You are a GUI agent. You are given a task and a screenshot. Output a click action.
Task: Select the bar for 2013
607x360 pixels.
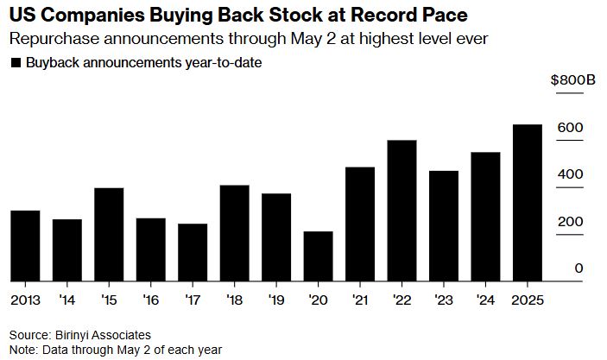(x=25, y=246)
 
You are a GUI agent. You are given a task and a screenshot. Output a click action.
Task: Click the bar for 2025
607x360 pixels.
(x=528, y=203)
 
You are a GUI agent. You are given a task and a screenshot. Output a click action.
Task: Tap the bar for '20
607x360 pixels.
(x=318, y=256)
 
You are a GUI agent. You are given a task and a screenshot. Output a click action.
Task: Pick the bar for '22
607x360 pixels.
(x=402, y=211)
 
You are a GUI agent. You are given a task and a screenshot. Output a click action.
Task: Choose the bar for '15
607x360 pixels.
(x=109, y=235)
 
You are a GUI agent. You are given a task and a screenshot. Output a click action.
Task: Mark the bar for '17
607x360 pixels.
(x=193, y=252)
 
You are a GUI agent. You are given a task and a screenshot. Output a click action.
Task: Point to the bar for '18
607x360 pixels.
(x=235, y=233)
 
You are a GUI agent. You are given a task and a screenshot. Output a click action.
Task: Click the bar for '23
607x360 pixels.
(x=444, y=226)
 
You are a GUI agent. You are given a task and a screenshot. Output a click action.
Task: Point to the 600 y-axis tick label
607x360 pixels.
(x=574, y=128)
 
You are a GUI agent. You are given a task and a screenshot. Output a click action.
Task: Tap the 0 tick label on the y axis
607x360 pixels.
(x=579, y=268)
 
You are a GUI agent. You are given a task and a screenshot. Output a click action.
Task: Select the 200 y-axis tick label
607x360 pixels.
(x=574, y=222)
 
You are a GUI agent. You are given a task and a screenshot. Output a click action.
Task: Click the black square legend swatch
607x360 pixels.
(x=15, y=63)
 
